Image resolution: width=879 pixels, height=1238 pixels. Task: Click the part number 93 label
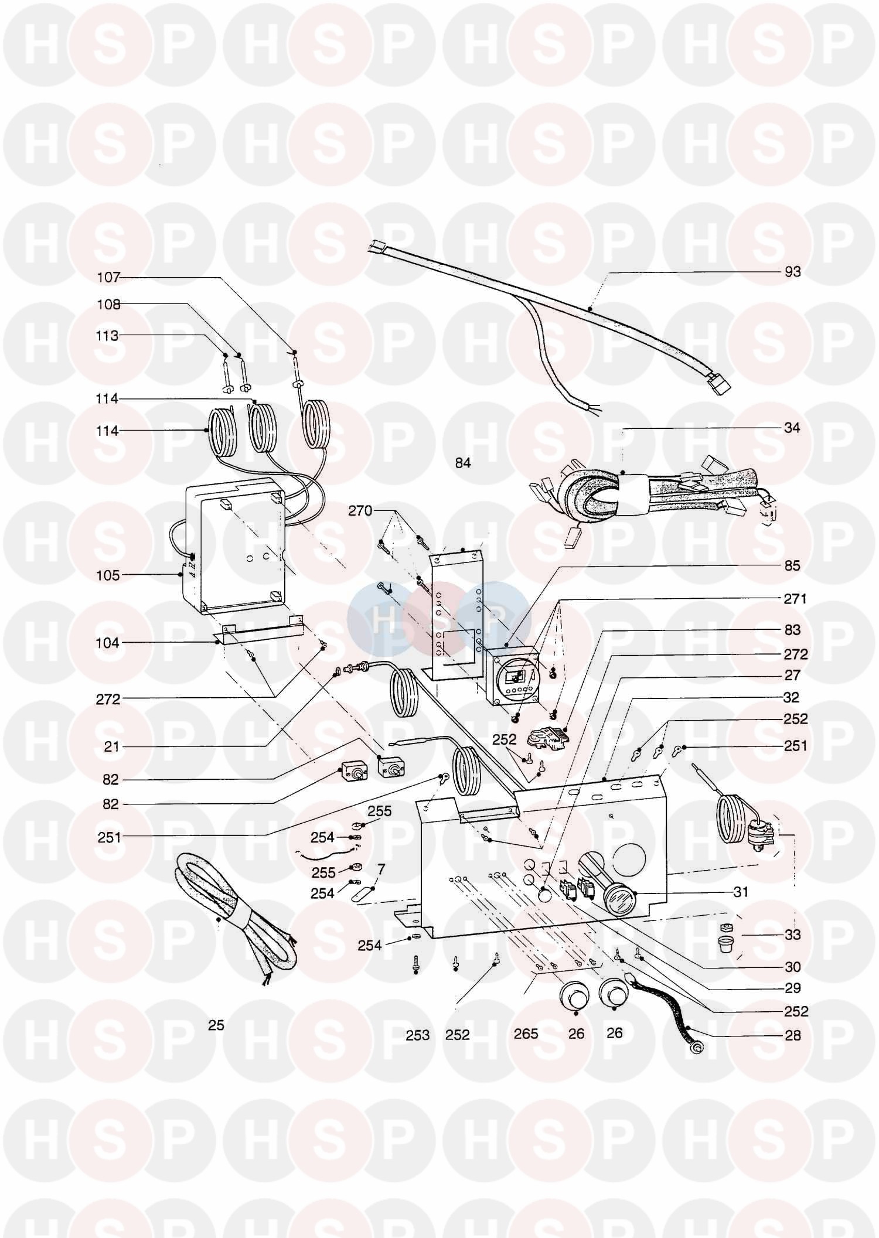(x=792, y=272)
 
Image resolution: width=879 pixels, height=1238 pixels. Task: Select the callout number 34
(x=792, y=428)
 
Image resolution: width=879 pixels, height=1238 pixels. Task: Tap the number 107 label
(x=108, y=277)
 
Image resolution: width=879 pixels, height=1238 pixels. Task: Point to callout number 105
(x=108, y=575)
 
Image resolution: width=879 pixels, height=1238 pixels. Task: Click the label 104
(x=107, y=643)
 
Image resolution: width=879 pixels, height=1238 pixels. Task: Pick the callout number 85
(x=792, y=566)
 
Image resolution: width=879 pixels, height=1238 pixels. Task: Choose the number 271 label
(x=795, y=599)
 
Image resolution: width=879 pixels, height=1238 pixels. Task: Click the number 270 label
(x=360, y=511)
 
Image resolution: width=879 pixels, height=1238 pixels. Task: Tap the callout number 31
(x=741, y=892)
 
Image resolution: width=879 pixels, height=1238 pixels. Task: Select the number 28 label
(x=792, y=1035)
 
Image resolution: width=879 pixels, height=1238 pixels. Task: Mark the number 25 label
(x=216, y=1025)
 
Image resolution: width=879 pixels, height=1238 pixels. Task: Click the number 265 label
(x=526, y=1034)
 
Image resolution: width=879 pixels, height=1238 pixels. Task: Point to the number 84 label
(x=463, y=463)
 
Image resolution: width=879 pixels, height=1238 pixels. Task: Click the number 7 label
(x=381, y=869)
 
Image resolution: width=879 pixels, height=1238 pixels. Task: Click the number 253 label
(x=417, y=1035)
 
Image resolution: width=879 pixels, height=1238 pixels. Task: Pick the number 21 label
(x=111, y=746)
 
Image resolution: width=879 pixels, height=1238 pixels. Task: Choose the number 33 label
(x=792, y=935)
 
